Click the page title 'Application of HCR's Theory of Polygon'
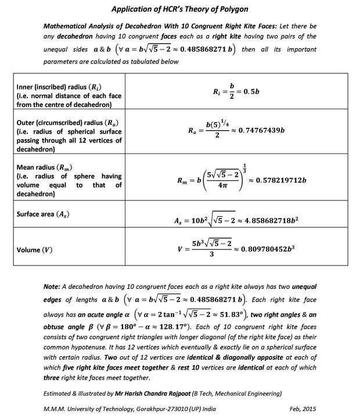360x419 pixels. (x=179, y=10)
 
